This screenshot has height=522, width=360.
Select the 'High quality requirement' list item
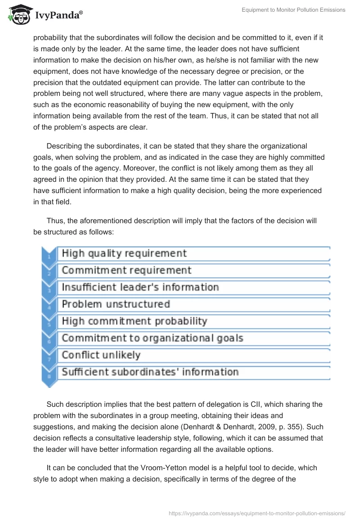point(124,253)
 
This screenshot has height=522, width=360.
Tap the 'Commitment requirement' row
point(126,270)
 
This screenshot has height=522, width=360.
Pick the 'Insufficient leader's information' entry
point(140,287)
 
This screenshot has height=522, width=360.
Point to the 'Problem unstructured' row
point(116,304)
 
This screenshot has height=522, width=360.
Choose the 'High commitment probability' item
point(134,321)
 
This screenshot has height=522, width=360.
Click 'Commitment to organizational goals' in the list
point(152,338)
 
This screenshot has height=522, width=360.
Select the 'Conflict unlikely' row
point(101,355)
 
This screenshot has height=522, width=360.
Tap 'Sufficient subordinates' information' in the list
point(150,372)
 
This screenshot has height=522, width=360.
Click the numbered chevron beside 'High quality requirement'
point(49,255)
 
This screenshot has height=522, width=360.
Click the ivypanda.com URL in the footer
point(256,513)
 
